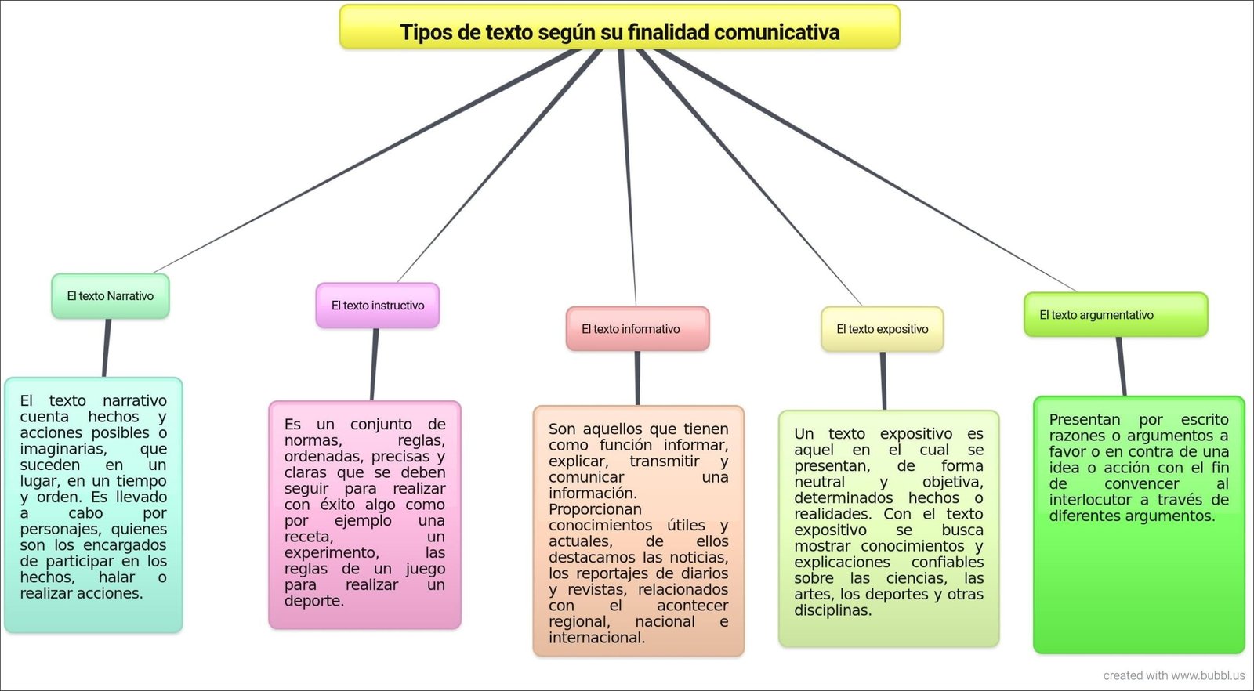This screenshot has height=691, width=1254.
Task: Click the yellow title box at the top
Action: [620, 27]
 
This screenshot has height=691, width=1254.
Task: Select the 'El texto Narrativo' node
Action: [111, 296]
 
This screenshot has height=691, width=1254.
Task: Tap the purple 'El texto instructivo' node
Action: [377, 306]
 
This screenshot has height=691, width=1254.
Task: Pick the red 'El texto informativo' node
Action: [638, 329]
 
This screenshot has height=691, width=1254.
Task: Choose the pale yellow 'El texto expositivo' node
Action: [883, 329]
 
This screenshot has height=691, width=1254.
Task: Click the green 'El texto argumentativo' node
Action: [1116, 314]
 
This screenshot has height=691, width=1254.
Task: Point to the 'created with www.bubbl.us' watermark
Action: [1174, 675]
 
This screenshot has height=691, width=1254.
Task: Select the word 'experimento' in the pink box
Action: [332, 553]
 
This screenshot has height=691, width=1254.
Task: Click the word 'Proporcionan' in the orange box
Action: [595, 509]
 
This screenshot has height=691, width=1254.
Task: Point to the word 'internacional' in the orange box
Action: [596, 637]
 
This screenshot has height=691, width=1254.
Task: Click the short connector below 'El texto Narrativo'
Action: [107, 348]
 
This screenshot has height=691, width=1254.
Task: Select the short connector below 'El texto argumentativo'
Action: [1121, 367]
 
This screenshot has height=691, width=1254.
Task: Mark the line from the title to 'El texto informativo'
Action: [628, 177]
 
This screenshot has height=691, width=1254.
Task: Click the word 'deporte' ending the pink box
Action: [314, 601]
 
